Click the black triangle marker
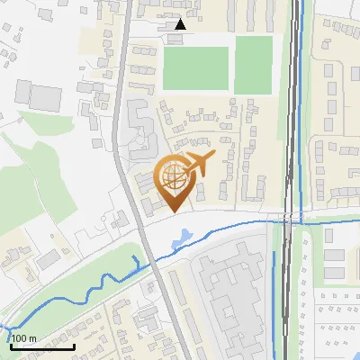coord(181,25)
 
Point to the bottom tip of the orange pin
coord(173,212)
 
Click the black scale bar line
coord(42,346)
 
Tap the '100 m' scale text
coord(24,338)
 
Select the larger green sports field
coord(195,67)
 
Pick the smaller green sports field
coord(253,65)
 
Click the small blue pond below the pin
coord(184,237)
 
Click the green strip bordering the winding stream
coord(90,270)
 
